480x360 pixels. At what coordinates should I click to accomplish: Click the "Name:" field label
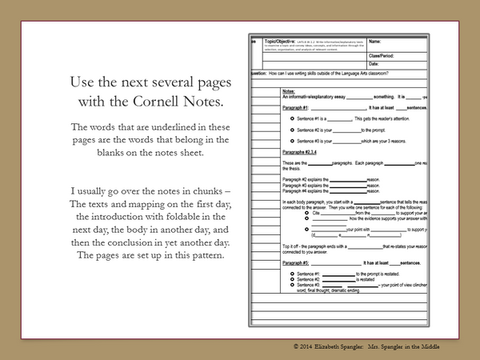point(376,41)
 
